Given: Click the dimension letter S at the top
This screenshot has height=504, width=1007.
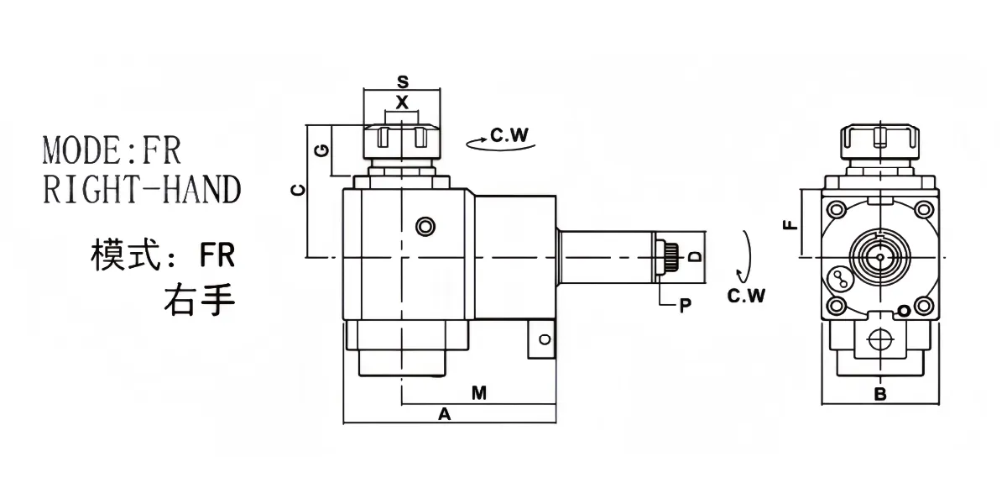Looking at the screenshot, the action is click(403, 82).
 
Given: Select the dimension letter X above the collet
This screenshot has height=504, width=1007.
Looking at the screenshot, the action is click(402, 102).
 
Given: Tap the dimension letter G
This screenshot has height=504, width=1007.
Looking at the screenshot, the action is click(322, 150).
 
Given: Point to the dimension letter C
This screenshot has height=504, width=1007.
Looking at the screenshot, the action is click(299, 191).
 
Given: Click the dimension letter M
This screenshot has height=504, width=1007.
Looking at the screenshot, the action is click(479, 393).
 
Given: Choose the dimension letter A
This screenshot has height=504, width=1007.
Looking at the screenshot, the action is click(444, 414).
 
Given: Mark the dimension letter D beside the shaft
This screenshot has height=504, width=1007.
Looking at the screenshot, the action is click(695, 256).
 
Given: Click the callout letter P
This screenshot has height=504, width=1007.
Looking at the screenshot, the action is click(685, 306).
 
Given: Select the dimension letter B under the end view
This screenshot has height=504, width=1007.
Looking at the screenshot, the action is click(880, 394).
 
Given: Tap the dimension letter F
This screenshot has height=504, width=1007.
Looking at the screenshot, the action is click(790, 225).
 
